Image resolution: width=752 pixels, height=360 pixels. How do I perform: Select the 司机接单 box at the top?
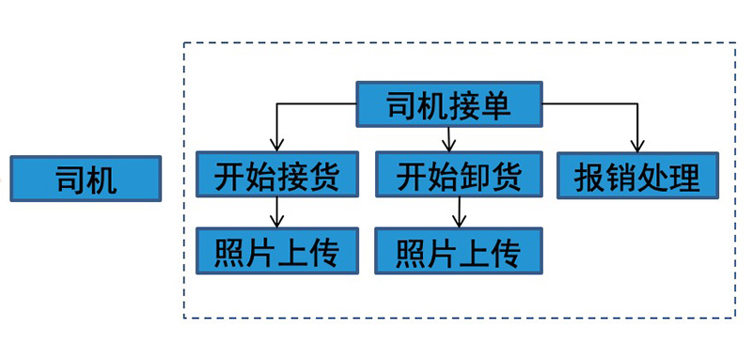click(x=449, y=104)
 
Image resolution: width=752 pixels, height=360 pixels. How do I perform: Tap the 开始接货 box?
click(x=275, y=176)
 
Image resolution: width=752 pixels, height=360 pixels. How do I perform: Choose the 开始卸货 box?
click(x=457, y=176)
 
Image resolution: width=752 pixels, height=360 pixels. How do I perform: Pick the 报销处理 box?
click(x=638, y=176)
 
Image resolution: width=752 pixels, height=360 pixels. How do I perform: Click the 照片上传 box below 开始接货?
click(x=275, y=251)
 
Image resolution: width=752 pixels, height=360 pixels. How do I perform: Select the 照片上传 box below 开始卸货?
click(x=457, y=251)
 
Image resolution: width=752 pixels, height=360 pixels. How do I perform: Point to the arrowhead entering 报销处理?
click(x=637, y=147)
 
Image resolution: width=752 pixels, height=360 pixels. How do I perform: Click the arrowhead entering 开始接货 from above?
click(x=276, y=147)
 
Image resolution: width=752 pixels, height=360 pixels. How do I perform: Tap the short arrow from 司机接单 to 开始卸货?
click(x=449, y=139)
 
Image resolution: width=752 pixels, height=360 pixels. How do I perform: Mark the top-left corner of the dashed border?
click(x=184, y=43)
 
